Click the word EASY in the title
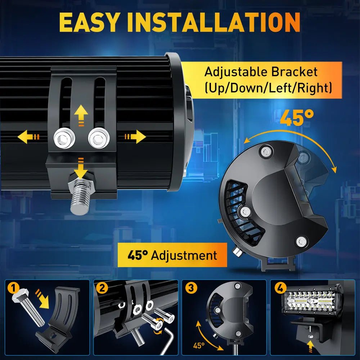[x=89, y=22]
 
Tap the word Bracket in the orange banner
[x=294, y=72]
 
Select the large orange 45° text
[x=297, y=118]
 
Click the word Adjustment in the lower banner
[x=184, y=255]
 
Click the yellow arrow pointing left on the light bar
[x=28, y=137]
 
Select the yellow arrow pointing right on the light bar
[x=135, y=136]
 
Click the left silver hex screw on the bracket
[x=64, y=138]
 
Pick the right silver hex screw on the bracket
[x=99, y=138]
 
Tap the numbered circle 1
[x=14, y=288]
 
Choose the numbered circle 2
[x=102, y=288]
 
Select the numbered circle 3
[x=191, y=288]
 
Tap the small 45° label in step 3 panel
[x=199, y=346]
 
